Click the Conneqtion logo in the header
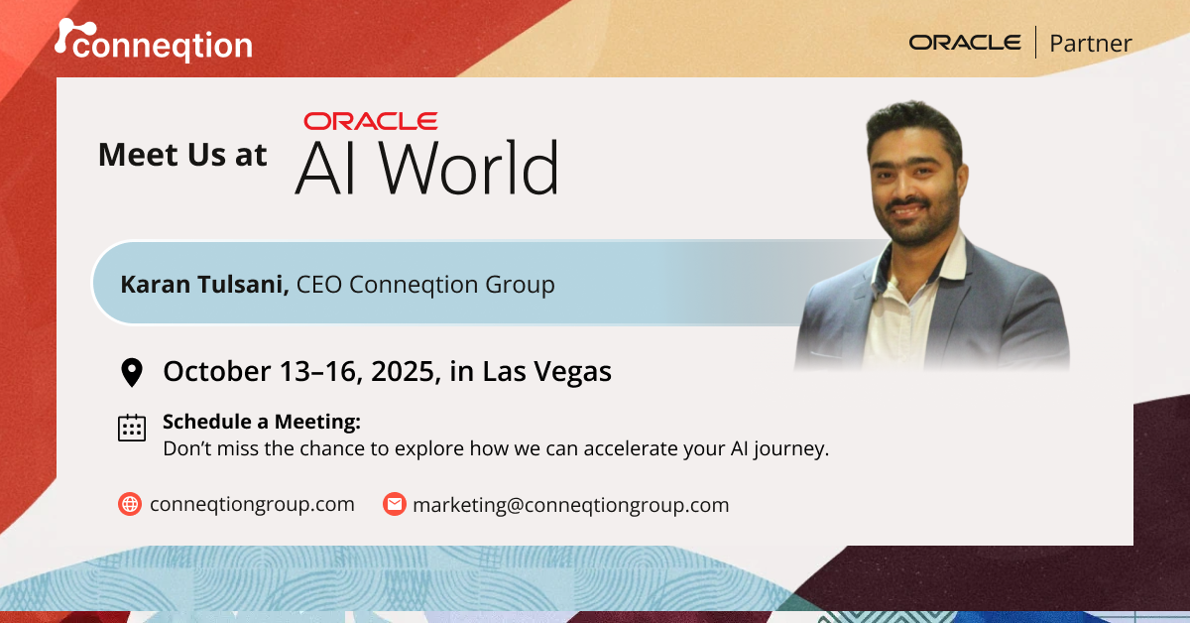pyautogui.click(x=154, y=42)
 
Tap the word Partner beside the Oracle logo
pyautogui.click(x=1090, y=44)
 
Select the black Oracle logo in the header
pyautogui.click(x=964, y=43)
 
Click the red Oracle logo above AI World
pyautogui.click(x=371, y=121)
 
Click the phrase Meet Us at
pyautogui.click(x=182, y=155)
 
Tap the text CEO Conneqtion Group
pyautogui.click(x=425, y=285)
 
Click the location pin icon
pyautogui.click(x=131, y=373)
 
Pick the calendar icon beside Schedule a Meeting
pyautogui.click(x=132, y=428)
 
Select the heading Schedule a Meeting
pyautogui.click(x=262, y=422)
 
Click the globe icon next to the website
pyautogui.click(x=130, y=504)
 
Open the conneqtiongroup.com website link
pyautogui.click(x=252, y=504)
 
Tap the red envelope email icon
pyautogui.click(x=395, y=504)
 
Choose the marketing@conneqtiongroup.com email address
pyautogui.click(x=570, y=504)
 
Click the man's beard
pyautogui.click(x=910, y=222)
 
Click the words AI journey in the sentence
pyautogui.click(x=772, y=448)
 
